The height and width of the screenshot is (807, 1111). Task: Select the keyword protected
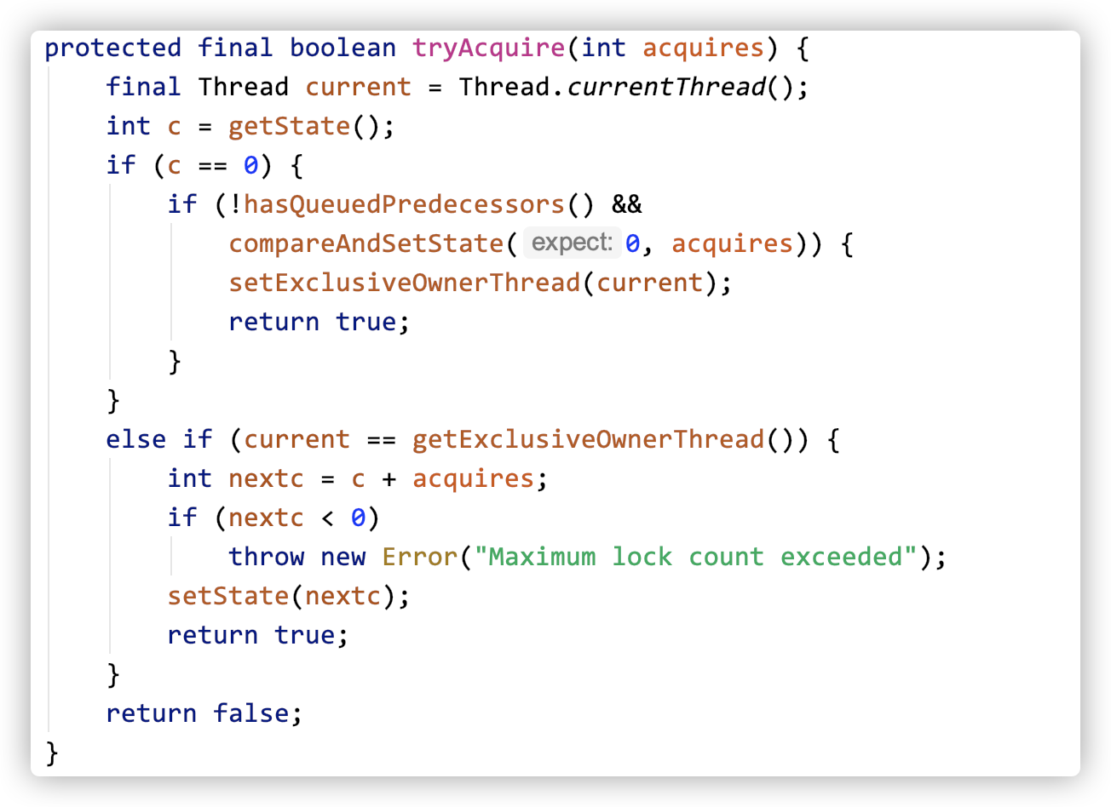click(x=113, y=48)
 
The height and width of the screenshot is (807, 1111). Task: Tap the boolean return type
click(x=343, y=48)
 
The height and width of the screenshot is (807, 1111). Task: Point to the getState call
click(x=289, y=126)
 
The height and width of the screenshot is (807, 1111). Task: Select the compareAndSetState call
click(x=366, y=243)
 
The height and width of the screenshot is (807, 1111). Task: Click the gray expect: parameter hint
click(x=571, y=243)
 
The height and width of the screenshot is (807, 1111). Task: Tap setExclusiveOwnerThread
click(x=404, y=283)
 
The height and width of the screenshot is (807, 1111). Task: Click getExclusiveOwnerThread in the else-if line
click(x=588, y=439)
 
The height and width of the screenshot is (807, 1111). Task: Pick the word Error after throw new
click(x=419, y=557)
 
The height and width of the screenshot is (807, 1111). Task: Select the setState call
click(x=228, y=596)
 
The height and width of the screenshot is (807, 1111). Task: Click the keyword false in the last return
click(x=250, y=713)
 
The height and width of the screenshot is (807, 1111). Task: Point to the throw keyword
click(x=267, y=557)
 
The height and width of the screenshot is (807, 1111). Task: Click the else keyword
click(x=136, y=439)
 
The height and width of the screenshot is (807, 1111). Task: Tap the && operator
click(x=627, y=204)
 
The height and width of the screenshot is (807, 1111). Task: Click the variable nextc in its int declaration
click(x=266, y=478)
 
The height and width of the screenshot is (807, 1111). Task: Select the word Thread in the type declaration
click(x=243, y=87)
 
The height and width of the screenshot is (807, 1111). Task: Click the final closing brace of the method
click(x=52, y=753)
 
